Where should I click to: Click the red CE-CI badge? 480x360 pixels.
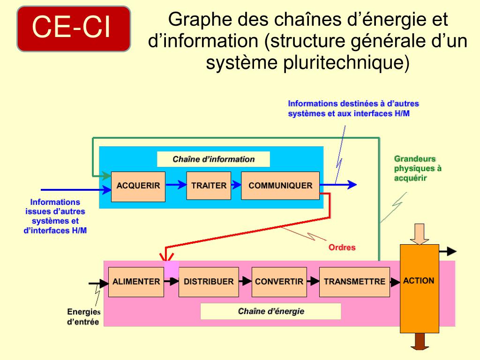pyautogui.click(x=74, y=29)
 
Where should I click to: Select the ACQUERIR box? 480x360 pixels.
pyautogui.click(x=138, y=186)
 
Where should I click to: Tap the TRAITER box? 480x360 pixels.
pyautogui.click(x=209, y=186)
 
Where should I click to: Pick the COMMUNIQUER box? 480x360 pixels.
pyautogui.click(x=280, y=186)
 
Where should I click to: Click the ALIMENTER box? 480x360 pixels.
pyautogui.click(x=136, y=282)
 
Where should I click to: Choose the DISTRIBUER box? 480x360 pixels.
pyautogui.click(x=209, y=282)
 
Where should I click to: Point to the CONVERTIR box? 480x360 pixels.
pyautogui.click(x=279, y=282)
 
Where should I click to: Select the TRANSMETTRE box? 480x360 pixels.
pyautogui.click(x=354, y=282)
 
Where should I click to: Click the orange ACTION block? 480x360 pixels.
pyautogui.click(x=419, y=288)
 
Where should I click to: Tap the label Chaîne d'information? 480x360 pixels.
pyautogui.click(x=213, y=159)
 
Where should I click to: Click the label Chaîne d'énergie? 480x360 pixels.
pyautogui.click(x=271, y=311)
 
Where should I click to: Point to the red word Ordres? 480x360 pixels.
pyautogui.click(x=342, y=247)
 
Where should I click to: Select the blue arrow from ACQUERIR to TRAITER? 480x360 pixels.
pyautogui.click(x=176, y=185)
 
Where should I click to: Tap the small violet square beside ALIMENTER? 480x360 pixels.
pyautogui.click(x=172, y=270)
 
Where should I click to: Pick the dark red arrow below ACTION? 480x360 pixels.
pyautogui.click(x=420, y=341)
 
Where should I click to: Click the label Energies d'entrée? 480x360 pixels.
pyautogui.click(x=83, y=316)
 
